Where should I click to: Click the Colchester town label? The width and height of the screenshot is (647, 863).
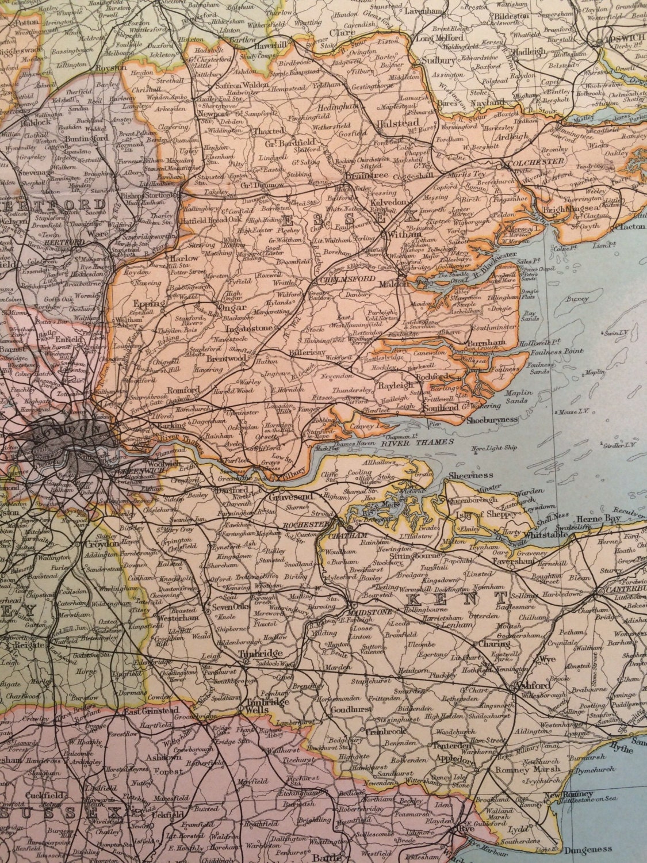(536, 163)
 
